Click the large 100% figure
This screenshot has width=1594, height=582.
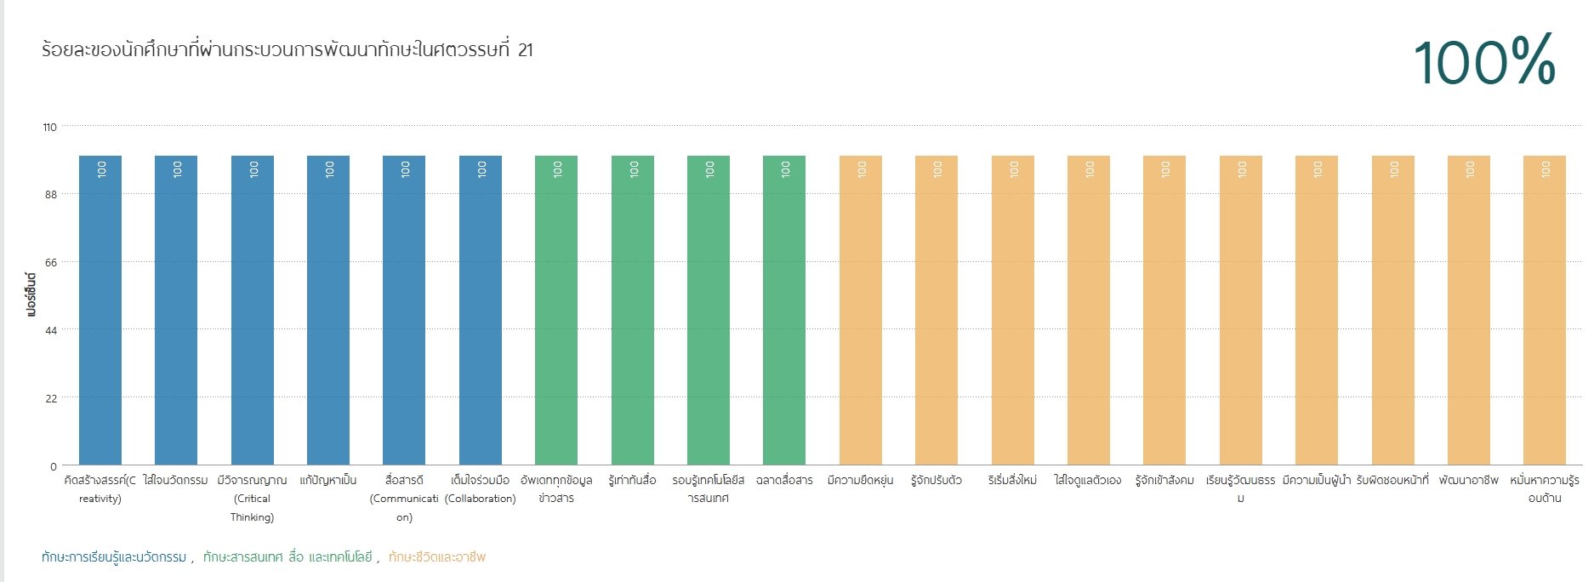pos(1484,61)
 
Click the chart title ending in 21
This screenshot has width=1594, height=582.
pos(287,49)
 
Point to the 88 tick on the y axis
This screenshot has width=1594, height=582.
pos(51,195)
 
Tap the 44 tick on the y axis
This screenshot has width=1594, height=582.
pos(51,330)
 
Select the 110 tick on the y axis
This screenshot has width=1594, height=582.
pos(50,128)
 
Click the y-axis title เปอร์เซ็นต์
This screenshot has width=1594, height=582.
pos(31,294)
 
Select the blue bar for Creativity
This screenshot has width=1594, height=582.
pos(100,311)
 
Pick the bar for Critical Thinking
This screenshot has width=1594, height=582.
pos(253,311)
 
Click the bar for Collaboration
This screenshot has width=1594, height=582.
pos(481,311)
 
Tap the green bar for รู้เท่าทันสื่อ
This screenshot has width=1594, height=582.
pos(633,311)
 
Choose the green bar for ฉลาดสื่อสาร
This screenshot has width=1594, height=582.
pos(784,311)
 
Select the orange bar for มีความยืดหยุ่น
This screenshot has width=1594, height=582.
pos(861,311)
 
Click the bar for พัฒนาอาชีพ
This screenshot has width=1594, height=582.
pos(1469,311)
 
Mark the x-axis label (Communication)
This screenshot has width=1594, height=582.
pos(404,508)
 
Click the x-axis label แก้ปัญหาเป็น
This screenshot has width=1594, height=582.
pos(328,480)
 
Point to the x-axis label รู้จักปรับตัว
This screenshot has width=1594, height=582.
pos(936,480)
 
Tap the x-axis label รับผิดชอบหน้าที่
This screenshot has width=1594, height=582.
pos(1392,480)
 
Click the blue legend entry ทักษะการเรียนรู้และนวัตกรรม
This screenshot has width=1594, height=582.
pos(114,557)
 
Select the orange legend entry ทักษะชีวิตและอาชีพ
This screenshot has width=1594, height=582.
pos(437,557)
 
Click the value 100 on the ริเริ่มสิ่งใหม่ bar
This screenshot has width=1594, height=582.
pos(1013,169)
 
